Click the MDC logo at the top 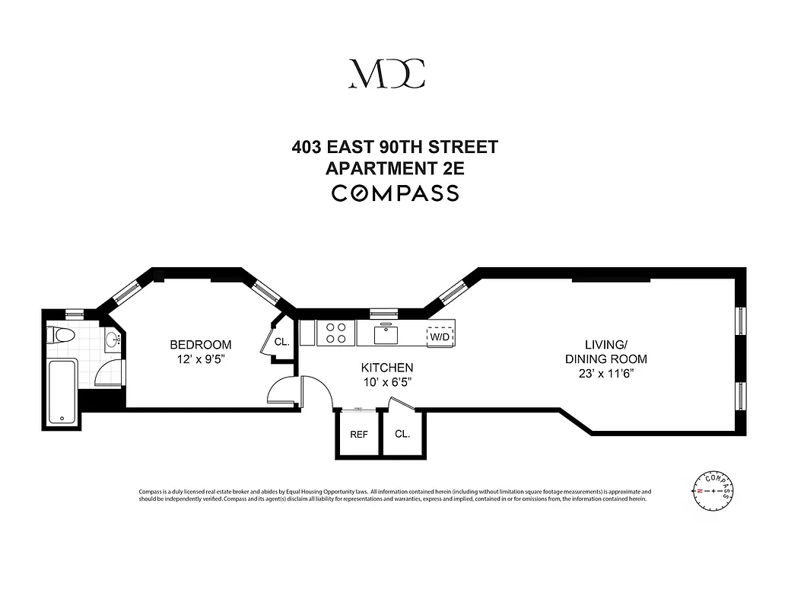pyautogui.click(x=386, y=73)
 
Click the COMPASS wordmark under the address pyautogui.click(x=394, y=193)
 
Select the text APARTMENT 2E pyautogui.click(x=394, y=168)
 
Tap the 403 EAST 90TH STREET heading pyautogui.click(x=394, y=146)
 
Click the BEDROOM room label pyautogui.click(x=200, y=345)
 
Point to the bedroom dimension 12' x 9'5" pyautogui.click(x=200, y=359)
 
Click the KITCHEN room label pyautogui.click(x=386, y=368)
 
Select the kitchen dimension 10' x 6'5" pyautogui.click(x=386, y=382)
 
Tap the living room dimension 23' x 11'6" pyautogui.click(x=605, y=374)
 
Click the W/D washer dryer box pyautogui.click(x=439, y=336)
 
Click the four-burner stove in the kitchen pyautogui.click(x=335, y=333)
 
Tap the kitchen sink pyautogui.click(x=386, y=333)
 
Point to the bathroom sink pyautogui.click(x=112, y=340)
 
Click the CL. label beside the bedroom pyautogui.click(x=281, y=343)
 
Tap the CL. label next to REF pyautogui.click(x=402, y=434)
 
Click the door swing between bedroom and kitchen pyautogui.click(x=286, y=391)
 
